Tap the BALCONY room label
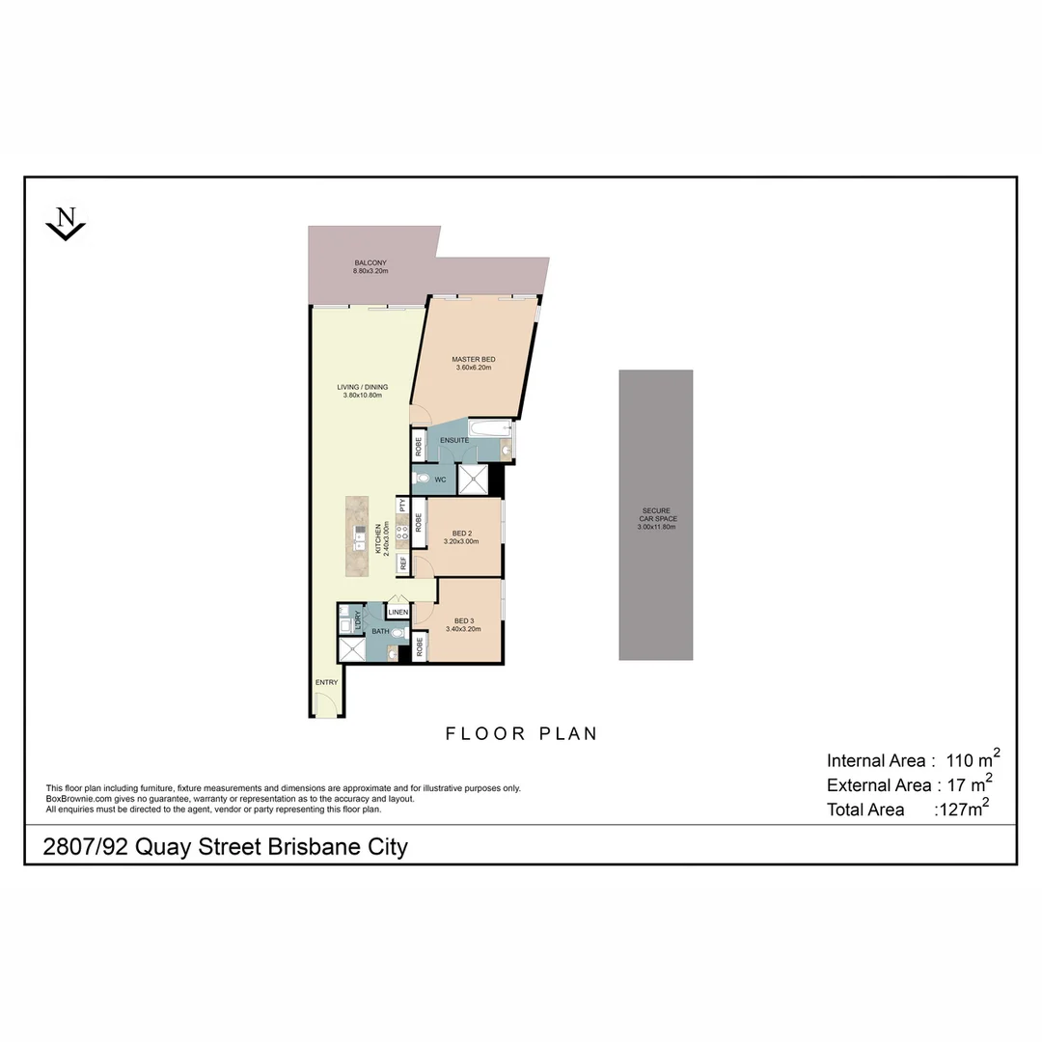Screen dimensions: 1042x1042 click(x=370, y=263)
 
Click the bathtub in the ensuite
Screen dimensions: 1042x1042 click(x=489, y=430)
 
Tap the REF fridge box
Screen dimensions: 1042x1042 click(x=402, y=562)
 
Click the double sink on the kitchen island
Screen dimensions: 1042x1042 click(x=358, y=538)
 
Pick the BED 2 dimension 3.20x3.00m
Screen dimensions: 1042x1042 click(x=461, y=541)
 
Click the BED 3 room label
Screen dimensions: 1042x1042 click(x=463, y=620)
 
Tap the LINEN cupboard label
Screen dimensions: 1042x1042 click(x=398, y=612)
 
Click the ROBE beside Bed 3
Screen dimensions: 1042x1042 click(x=419, y=645)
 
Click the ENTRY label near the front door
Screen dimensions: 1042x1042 click(x=327, y=682)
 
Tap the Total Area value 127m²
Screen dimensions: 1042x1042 click(x=962, y=809)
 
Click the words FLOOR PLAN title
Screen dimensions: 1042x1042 click(x=521, y=733)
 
